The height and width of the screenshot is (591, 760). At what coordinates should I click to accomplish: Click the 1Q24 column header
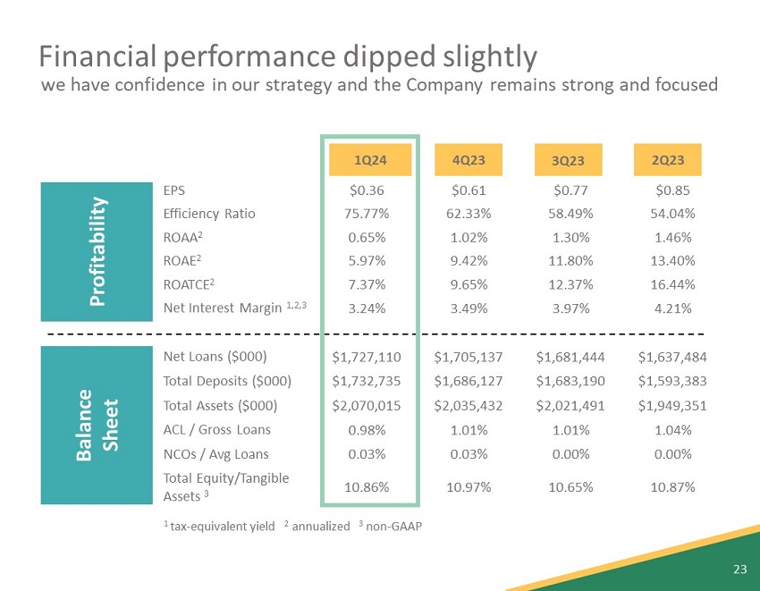pyautogui.click(x=369, y=159)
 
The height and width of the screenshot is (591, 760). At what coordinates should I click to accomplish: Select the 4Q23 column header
pyautogui.click(x=469, y=159)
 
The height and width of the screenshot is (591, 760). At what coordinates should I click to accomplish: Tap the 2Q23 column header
pyautogui.click(x=668, y=159)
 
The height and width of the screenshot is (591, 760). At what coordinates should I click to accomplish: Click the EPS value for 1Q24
pyautogui.click(x=367, y=190)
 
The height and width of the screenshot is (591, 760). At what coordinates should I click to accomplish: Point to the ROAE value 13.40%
pyautogui.click(x=675, y=263)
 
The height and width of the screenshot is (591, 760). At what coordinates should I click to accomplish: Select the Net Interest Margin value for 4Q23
pyautogui.click(x=469, y=309)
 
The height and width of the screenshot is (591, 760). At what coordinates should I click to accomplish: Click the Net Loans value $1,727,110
pyautogui.click(x=367, y=358)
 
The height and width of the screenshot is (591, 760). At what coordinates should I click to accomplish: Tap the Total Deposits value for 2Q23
pyautogui.click(x=672, y=382)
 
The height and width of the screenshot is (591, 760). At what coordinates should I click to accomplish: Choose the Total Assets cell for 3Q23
pyautogui.click(x=570, y=406)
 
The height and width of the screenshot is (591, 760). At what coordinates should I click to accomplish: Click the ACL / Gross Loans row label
pyautogui.click(x=216, y=429)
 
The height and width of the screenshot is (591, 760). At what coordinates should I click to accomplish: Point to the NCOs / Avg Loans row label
pyautogui.click(x=215, y=454)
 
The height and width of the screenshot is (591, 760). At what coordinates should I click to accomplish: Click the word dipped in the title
pyautogui.click(x=377, y=56)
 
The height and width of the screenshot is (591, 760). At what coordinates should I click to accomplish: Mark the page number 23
pyautogui.click(x=739, y=570)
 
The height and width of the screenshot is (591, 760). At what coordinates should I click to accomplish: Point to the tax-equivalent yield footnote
pyautogui.click(x=219, y=526)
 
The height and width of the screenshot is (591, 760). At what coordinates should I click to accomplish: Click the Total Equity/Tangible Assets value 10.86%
pyautogui.click(x=367, y=486)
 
